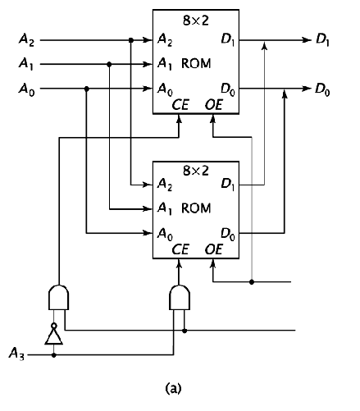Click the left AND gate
(x=59, y=297)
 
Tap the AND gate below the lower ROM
(x=178, y=297)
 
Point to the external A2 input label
(x=26, y=39)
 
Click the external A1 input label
(x=26, y=62)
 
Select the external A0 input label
(x=26, y=86)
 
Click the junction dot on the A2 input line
(x=130, y=39)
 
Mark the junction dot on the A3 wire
(x=55, y=355)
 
